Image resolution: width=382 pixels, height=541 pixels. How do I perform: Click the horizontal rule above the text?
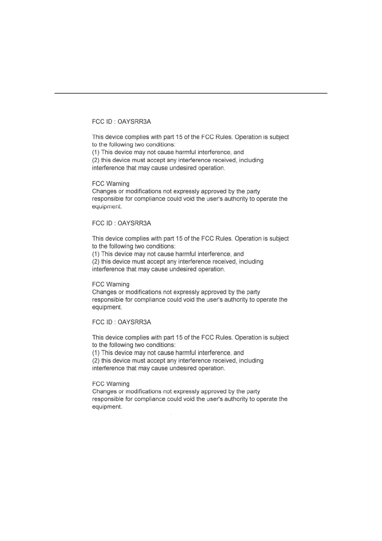point(191,93)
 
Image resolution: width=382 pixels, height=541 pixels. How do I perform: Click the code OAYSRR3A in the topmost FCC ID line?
point(134,122)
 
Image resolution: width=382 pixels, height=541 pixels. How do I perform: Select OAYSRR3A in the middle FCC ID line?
point(134,223)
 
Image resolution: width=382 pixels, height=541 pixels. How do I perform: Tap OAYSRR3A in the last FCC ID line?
point(134,322)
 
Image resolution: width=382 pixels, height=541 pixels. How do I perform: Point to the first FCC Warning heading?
point(111,184)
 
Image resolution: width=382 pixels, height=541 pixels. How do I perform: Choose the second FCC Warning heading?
point(111,284)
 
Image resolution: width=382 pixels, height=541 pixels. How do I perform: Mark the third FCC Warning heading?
point(111,384)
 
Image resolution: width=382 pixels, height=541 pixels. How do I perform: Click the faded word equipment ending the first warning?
point(107,207)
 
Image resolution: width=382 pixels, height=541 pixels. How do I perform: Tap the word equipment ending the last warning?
point(107,407)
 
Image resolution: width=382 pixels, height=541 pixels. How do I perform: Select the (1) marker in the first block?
point(96,152)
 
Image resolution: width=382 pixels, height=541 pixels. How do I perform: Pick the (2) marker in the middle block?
point(96,262)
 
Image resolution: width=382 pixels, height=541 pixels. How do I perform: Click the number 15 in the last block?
point(179,337)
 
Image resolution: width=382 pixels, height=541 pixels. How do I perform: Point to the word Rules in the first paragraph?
point(223,137)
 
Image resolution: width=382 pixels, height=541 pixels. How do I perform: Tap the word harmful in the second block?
point(186,254)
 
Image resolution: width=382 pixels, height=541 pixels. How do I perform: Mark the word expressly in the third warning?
point(186,391)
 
